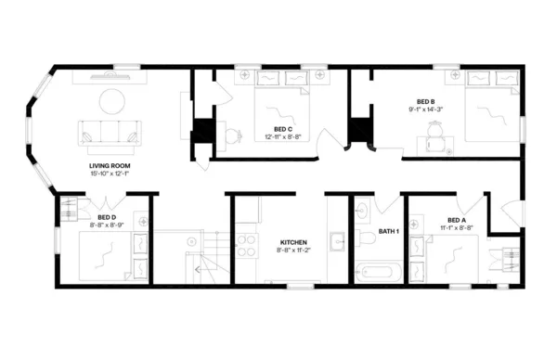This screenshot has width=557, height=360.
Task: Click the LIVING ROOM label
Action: pos(109,166)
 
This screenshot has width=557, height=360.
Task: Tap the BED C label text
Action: pos(283,129)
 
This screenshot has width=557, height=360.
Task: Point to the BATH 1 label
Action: pos(388,231)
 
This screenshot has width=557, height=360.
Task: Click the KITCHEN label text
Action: pos(293,243)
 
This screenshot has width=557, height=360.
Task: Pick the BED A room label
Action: pos(456,220)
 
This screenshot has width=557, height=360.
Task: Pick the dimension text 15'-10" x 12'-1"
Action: pos(109,174)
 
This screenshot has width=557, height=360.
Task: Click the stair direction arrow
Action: pos(198,269)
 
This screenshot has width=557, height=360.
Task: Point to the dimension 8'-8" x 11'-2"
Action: pos(293,251)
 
